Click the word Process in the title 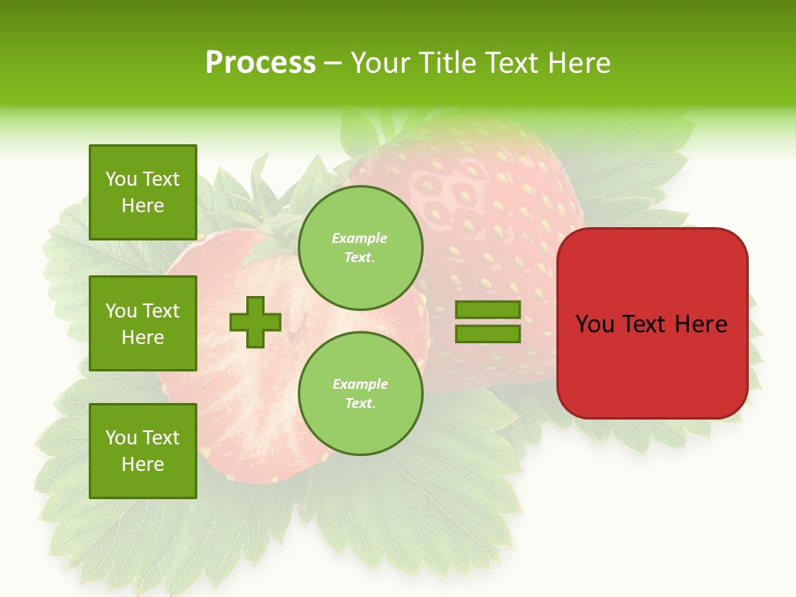click(x=260, y=63)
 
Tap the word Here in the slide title click(x=580, y=63)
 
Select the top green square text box click(x=143, y=192)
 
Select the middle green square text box click(x=143, y=323)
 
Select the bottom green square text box click(x=143, y=450)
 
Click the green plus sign click(x=255, y=322)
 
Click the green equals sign click(x=488, y=322)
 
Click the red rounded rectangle click(x=652, y=365)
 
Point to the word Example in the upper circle click(x=359, y=238)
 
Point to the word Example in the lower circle click(x=360, y=384)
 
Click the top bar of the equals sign click(x=488, y=310)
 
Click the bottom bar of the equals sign click(x=488, y=333)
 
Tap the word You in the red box click(x=595, y=324)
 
